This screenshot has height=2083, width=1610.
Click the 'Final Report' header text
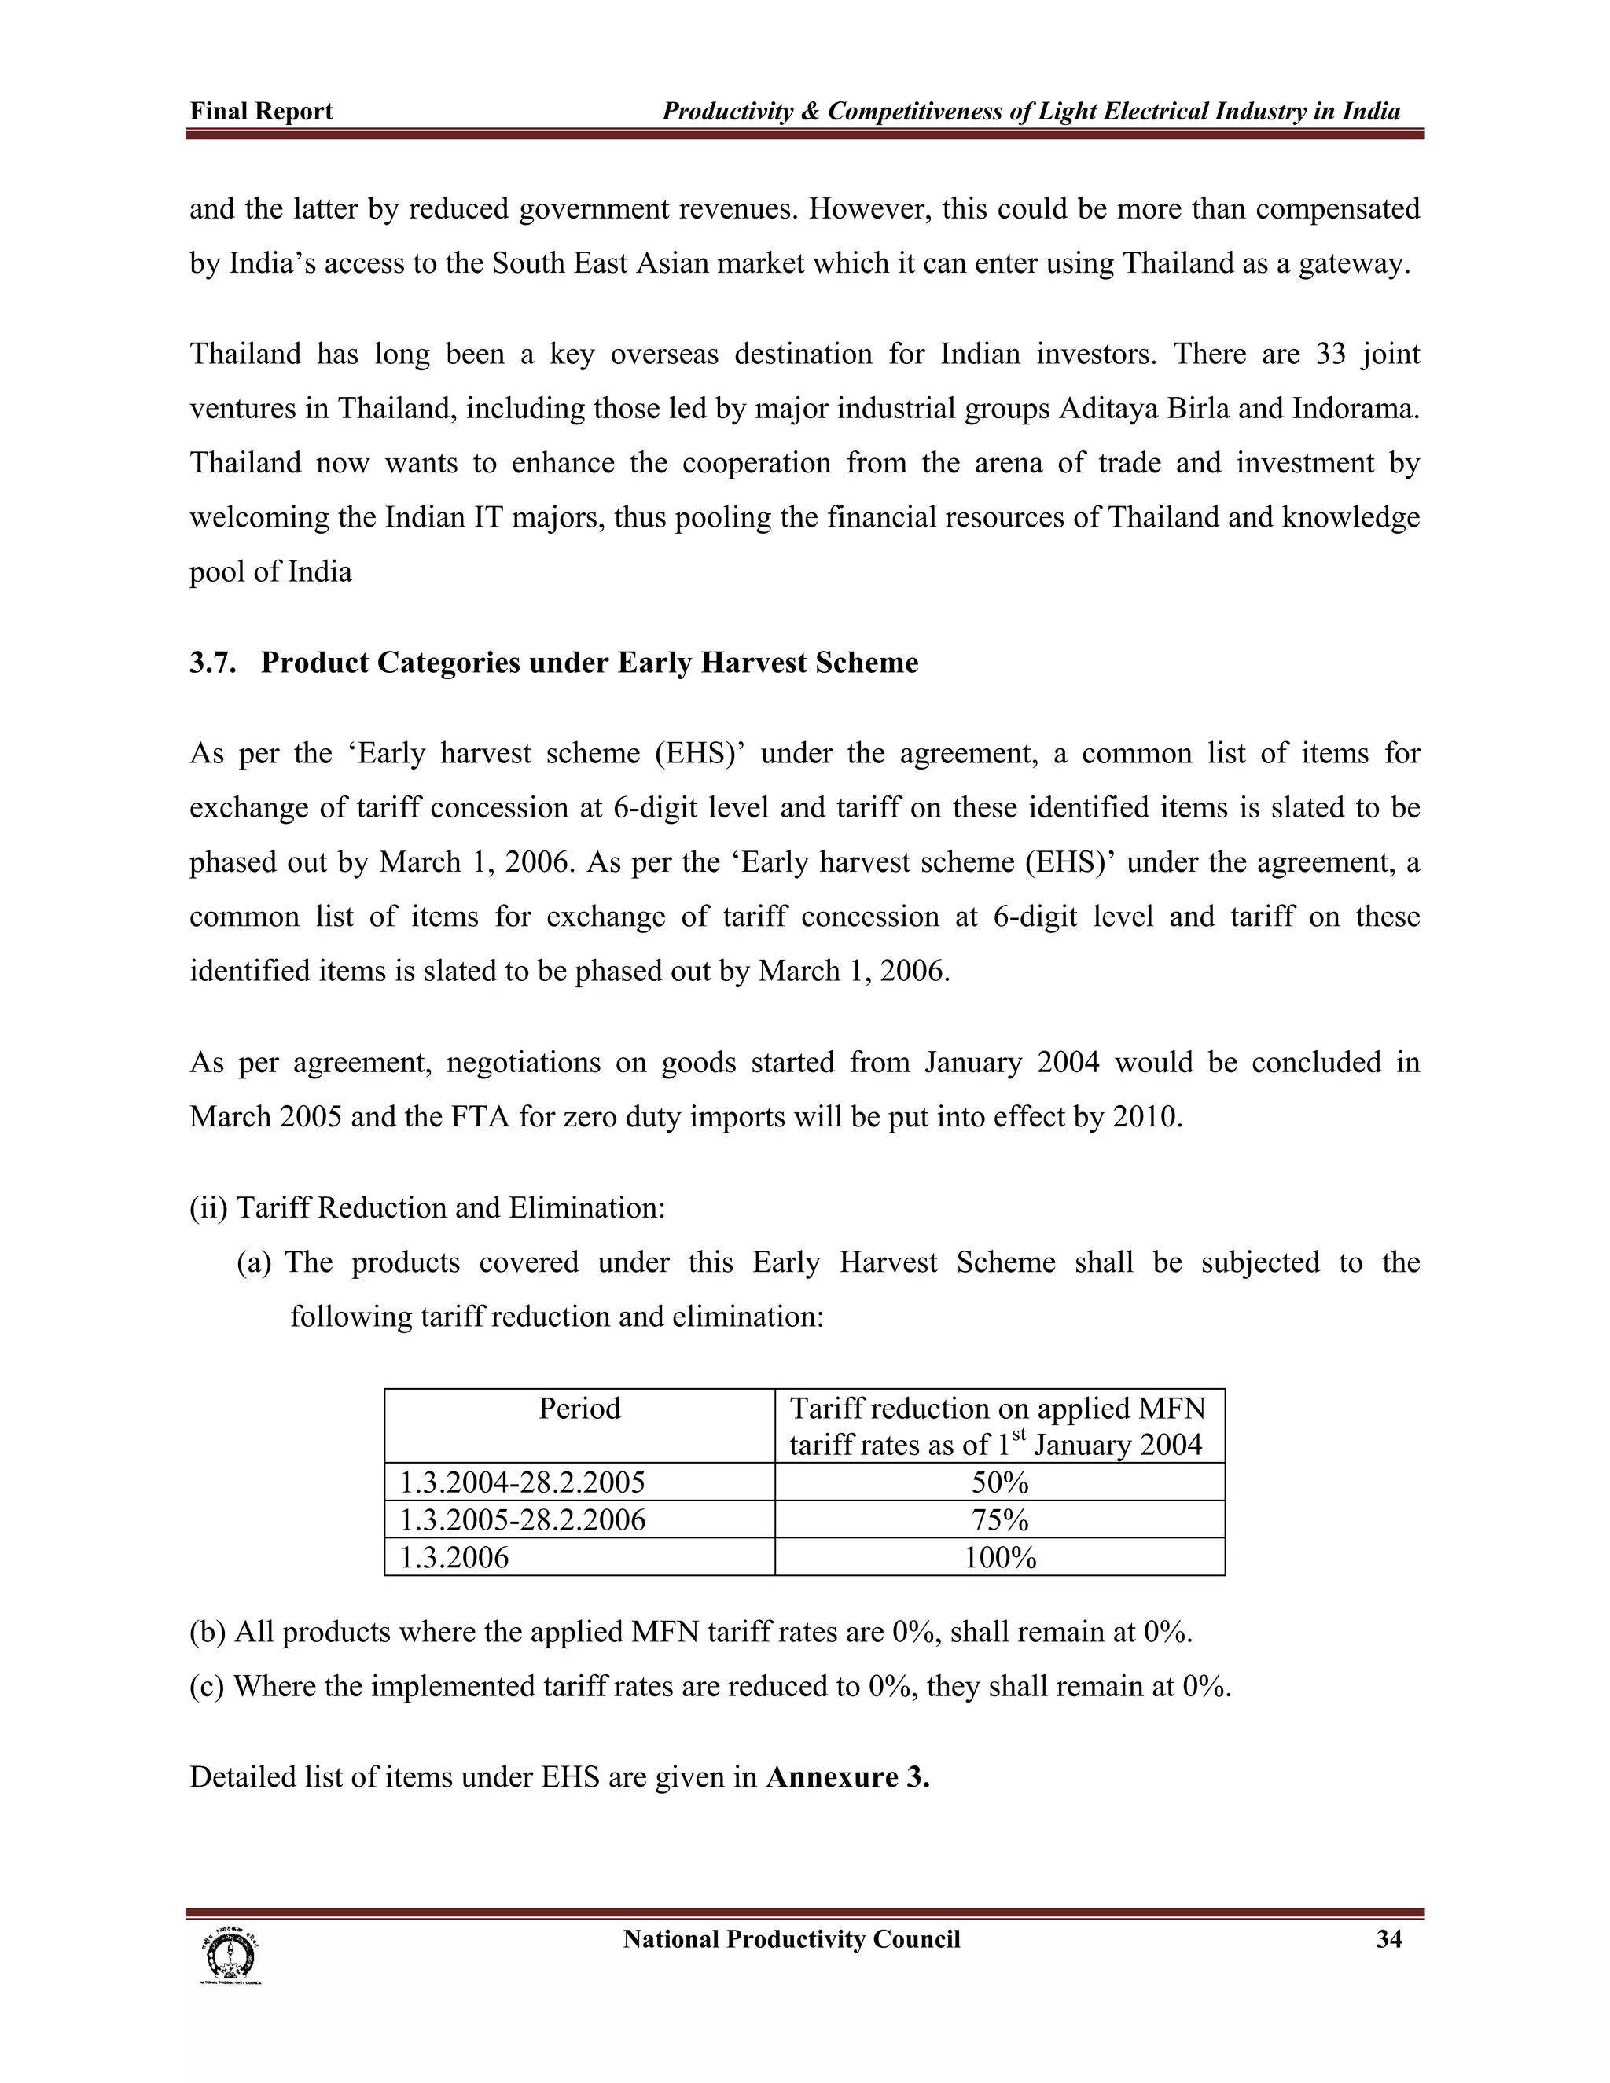pos(260,112)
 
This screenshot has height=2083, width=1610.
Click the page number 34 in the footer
pos(1389,1939)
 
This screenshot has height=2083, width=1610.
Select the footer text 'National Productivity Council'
pos(791,1939)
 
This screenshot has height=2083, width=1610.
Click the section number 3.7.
pos(211,663)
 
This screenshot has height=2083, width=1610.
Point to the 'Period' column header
pos(579,1409)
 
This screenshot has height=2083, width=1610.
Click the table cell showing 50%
pos(1000,1482)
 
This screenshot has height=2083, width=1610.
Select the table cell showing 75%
pos(1000,1519)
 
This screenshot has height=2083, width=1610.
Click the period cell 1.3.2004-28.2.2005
pos(522,1482)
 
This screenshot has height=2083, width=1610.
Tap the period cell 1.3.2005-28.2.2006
pos(522,1519)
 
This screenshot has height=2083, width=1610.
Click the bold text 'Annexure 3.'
pos(847,1777)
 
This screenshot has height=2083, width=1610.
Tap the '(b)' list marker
pos(207,1632)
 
